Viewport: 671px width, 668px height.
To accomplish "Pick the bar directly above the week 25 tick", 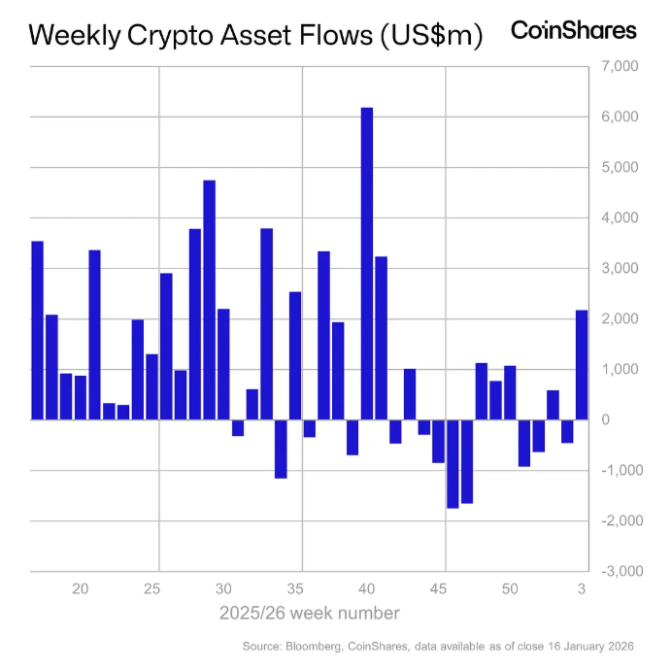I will click(x=151, y=387).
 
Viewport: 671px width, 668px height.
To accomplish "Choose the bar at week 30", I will click(x=223, y=364).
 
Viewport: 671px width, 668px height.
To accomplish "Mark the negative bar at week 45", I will click(x=438, y=442).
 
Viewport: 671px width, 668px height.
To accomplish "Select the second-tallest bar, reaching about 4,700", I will click(x=209, y=300).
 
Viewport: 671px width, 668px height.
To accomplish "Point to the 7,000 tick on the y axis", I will click(x=617, y=67).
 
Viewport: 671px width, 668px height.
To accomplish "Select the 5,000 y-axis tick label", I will click(x=617, y=168).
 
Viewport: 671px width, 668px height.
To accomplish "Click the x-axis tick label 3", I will click(x=582, y=589).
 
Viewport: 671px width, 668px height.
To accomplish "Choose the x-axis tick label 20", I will click(x=81, y=589).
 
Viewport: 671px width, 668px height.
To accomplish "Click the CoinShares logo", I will click(x=573, y=31).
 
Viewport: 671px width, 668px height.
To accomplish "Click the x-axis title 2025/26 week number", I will click(x=309, y=614).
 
